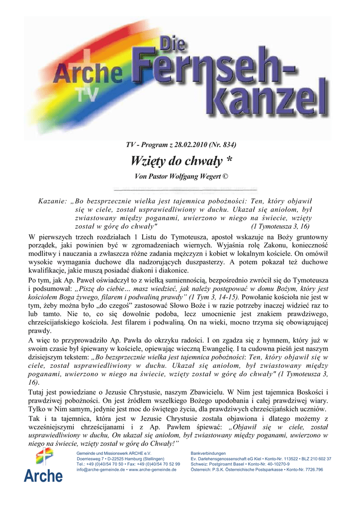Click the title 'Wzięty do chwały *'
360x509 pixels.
click(181, 161)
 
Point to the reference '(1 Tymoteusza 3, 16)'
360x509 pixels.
click(281, 225)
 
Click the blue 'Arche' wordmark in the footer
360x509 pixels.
click(43, 476)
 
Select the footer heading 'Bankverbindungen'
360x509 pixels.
click(208, 453)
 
